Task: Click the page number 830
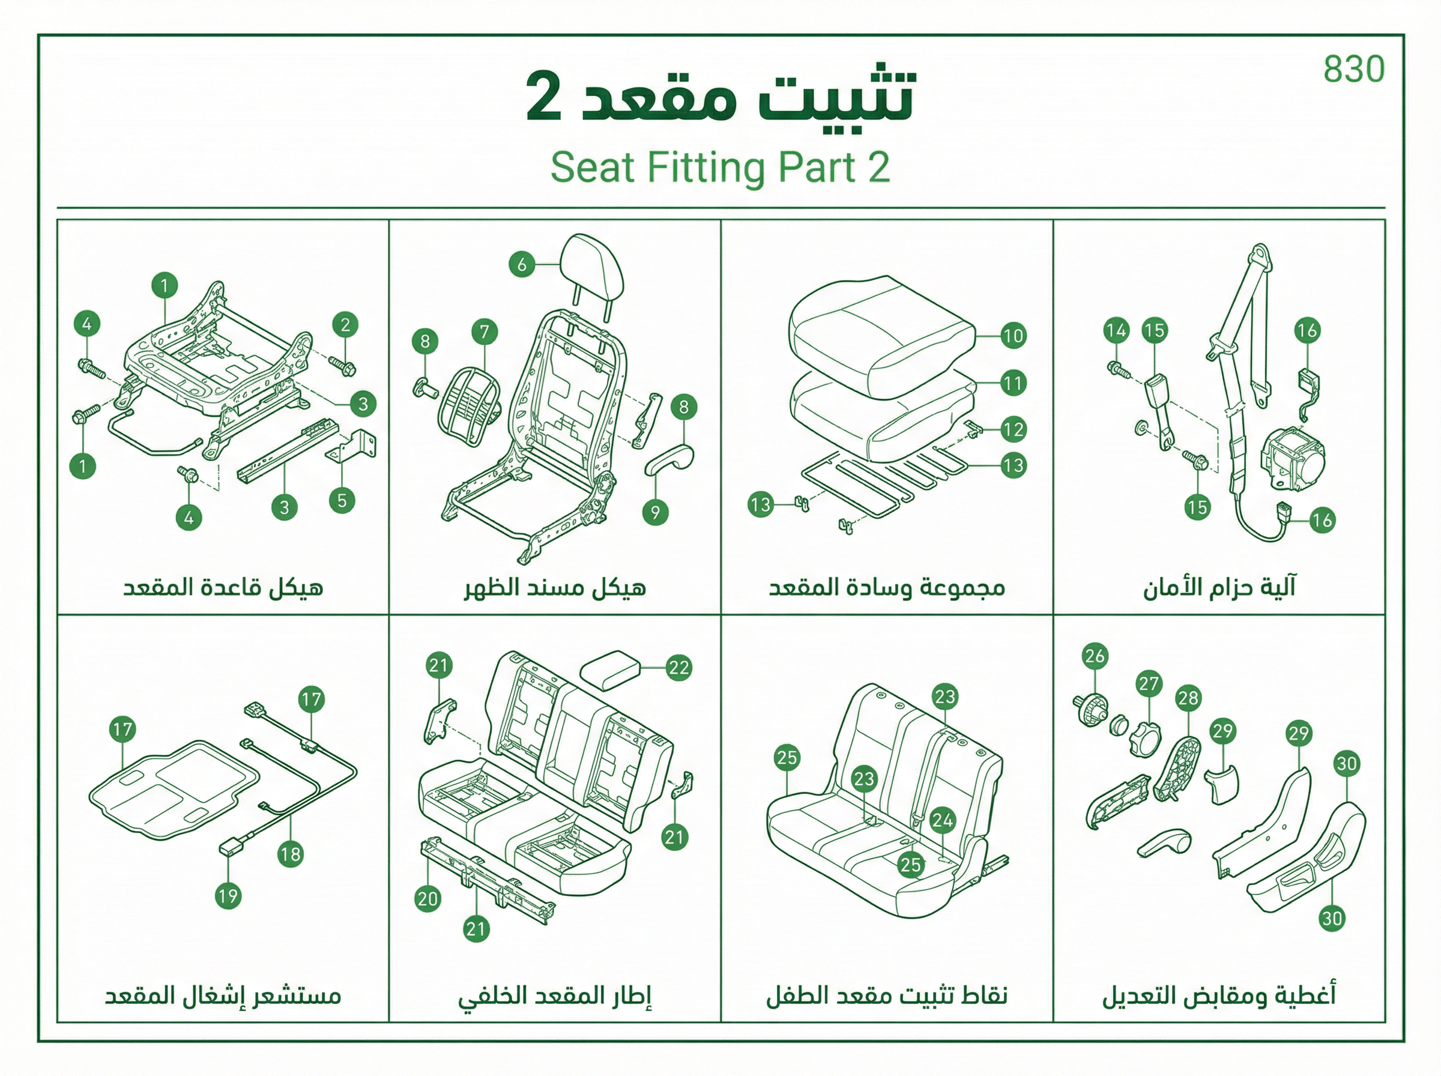[x=1354, y=69]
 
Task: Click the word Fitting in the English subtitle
[x=706, y=168]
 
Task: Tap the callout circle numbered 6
[x=522, y=264]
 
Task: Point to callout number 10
[x=1013, y=336]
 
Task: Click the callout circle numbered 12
[x=1013, y=430]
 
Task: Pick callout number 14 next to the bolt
[x=1116, y=330]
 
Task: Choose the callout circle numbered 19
[x=228, y=896]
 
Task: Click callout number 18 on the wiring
[x=291, y=854]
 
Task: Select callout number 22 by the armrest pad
[x=678, y=668]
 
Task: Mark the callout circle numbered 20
[x=428, y=899]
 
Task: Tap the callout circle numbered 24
[x=942, y=820]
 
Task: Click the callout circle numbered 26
[x=1095, y=655]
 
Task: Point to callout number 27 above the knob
[x=1149, y=684]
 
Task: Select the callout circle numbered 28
[x=1188, y=698]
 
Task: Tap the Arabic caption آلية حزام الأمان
[x=1219, y=587]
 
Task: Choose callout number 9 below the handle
[x=655, y=513]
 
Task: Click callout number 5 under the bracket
[x=342, y=501]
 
